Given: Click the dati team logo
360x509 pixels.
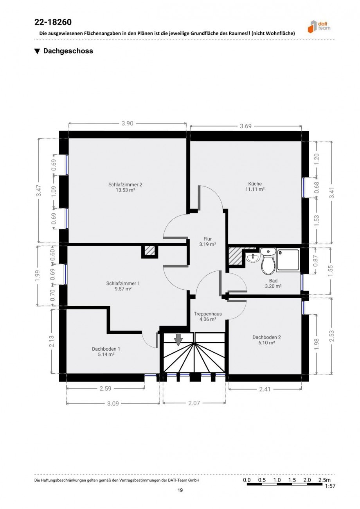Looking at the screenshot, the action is [319, 26].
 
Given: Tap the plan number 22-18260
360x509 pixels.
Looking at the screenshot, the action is [53, 22].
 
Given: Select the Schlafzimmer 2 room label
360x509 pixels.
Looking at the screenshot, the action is [125, 184].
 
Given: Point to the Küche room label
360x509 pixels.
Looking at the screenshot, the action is [255, 183].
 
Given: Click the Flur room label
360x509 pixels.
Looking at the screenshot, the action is [207, 238].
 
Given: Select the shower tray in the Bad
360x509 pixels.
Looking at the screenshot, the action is [288, 260].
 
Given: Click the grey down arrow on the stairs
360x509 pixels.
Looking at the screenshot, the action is [178, 340].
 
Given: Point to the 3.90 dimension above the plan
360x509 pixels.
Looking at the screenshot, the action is [127, 124].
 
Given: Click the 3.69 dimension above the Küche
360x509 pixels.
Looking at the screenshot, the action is [246, 126].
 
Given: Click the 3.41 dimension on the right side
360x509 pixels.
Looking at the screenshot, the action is [332, 192].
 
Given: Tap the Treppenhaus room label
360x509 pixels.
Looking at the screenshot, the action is [208, 314].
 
